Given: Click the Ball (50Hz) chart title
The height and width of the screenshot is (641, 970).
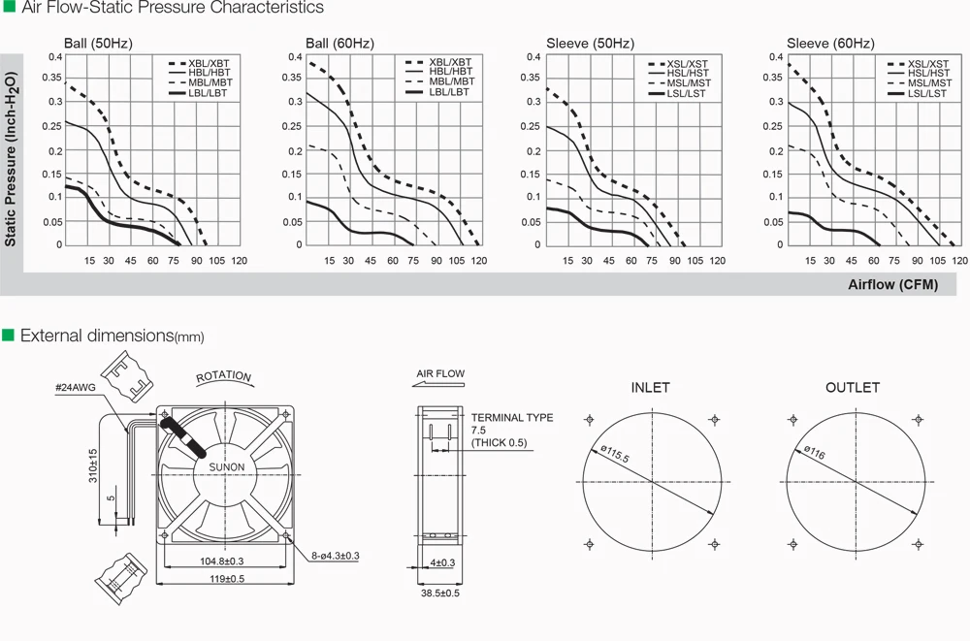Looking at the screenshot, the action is coord(98,44).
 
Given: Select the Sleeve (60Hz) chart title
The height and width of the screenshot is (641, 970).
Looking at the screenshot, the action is coord(831,44).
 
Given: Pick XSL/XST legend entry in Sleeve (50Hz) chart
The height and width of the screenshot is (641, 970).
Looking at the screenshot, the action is coord(678,64).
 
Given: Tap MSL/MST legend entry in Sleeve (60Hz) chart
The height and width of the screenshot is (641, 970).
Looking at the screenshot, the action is coord(920,83).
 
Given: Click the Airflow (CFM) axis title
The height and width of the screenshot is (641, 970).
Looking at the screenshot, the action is coord(892,284).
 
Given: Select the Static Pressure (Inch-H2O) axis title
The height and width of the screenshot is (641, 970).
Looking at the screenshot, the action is coord(11,159).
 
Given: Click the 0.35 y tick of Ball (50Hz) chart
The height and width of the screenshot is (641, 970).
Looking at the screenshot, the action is coord(52,78).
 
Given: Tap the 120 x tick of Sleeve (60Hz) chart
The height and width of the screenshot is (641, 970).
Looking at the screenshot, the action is coord(959,261).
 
